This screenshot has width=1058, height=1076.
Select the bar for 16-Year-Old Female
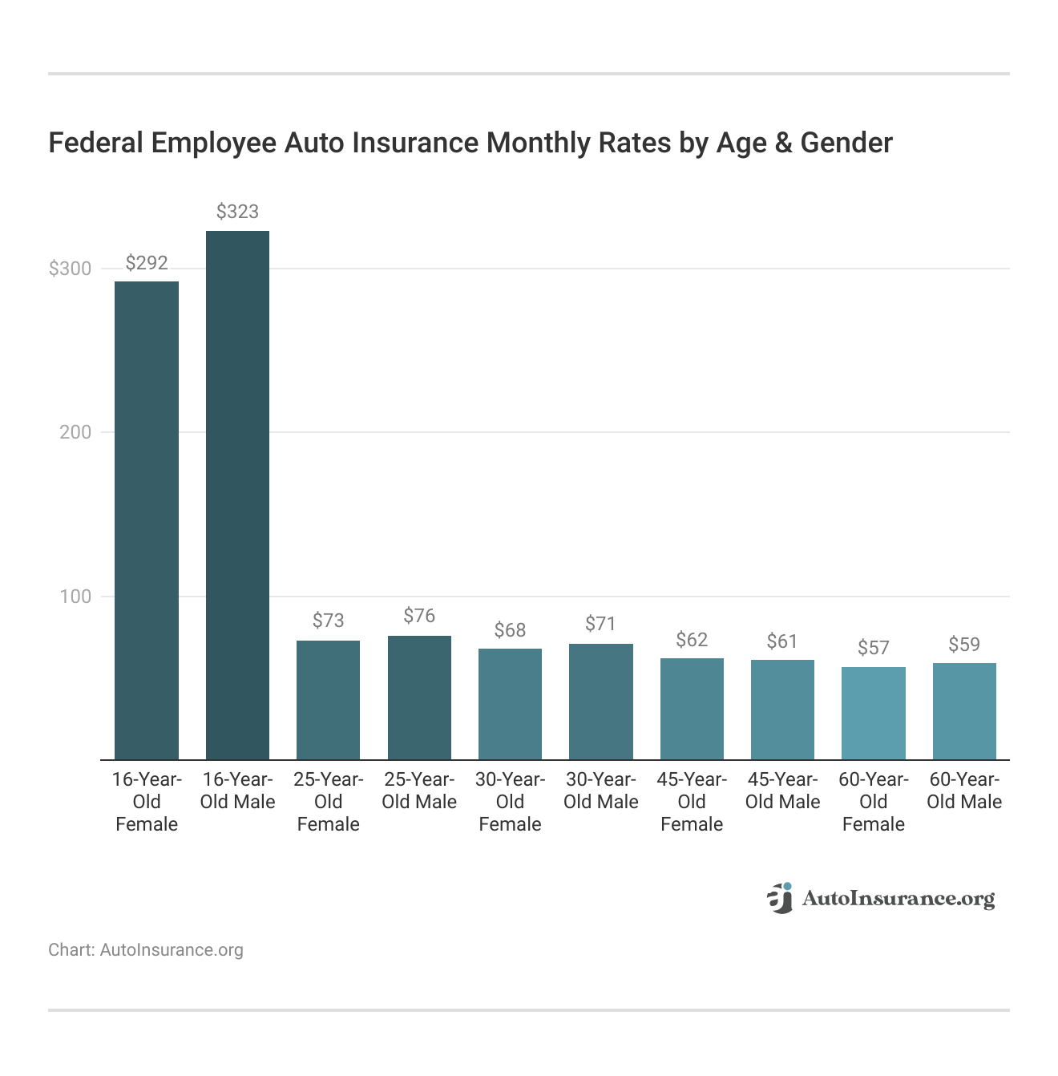tap(147, 520)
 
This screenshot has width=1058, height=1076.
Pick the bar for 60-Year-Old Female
tap(873, 713)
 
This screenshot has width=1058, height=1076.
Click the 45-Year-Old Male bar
tap(782, 710)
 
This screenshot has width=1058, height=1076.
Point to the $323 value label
tap(237, 212)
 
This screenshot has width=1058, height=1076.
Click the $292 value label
tap(147, 263)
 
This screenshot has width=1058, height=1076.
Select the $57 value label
tap(873, 648)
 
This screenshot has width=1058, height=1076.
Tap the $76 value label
tap(419, 616)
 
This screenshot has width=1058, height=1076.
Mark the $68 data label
tap(510, 630)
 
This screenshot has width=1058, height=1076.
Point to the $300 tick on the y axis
tap(71, 269)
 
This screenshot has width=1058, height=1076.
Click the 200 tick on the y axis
tap(75, 432)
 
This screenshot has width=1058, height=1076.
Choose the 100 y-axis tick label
tap(75, 597)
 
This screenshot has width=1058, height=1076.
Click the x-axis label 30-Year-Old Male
tap(600, 791)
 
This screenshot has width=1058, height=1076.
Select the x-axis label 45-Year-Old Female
tap(692, 802)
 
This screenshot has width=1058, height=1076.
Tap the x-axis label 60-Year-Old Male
tap(964, 791)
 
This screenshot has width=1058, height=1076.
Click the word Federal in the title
tap(95, 143)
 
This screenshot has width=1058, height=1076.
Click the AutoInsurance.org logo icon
tap(780, 898)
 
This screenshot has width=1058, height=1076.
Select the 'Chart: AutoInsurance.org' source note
tap(146, 950)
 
